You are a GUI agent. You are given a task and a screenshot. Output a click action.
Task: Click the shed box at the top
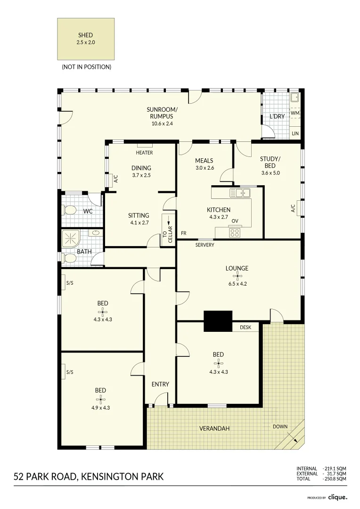pyautogui.click(x=86, y=39)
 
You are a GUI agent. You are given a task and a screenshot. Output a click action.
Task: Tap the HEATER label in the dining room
pyautogui.click(x=144, y=153)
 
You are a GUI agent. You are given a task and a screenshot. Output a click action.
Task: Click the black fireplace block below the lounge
pyautogui.click(x=218, y=321)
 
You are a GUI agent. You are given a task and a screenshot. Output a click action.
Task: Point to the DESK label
pyautogui.click(x=245, y=327)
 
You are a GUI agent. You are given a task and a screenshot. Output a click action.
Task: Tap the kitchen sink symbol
pyautogui.click(x=240, y=192)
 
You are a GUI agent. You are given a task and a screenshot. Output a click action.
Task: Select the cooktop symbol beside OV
pyautogui.click(x=235, y=231)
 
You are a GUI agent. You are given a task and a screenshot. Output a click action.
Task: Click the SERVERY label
pyautogui.click(x=205, y=245)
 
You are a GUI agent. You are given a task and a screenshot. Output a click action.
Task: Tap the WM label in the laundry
pyautogui.click(x=295, y=114)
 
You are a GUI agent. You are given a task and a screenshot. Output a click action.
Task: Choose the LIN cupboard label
pyautogui.click(x=295, y=134)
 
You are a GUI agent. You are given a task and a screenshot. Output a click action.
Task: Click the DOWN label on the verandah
pyautogui.click(x=280, y=427)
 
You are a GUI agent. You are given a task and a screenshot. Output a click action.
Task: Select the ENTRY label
pyautogui.click(x=160, y=385)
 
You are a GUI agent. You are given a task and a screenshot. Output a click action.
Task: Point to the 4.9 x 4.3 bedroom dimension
pyautogui.click(x=100, y=408)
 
